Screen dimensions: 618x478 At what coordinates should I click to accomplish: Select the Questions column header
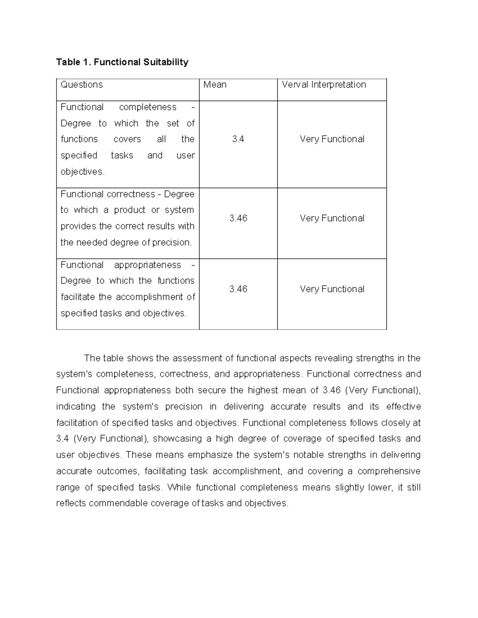(x=82, y=85)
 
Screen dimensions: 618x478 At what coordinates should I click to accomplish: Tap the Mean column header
(x=215, y=85)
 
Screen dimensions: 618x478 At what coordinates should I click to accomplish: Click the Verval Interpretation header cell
(x=324, y=85)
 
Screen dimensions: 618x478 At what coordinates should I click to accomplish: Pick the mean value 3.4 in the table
(x=238, y=139)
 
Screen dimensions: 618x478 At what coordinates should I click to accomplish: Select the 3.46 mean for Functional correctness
(x=238, y=218)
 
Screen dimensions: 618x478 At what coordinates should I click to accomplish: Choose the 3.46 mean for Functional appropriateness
(x=238, y=289)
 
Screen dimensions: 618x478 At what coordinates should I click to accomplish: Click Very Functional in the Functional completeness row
(x=332, y=139)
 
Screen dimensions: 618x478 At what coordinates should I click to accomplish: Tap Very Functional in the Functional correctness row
(x=332, y=218)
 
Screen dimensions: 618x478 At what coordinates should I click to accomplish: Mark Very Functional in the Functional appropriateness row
(x=332, y=289)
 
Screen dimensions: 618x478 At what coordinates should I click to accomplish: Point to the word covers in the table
(x=127, y=139)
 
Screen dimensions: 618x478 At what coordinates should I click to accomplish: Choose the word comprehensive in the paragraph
(x=389, y=471)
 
